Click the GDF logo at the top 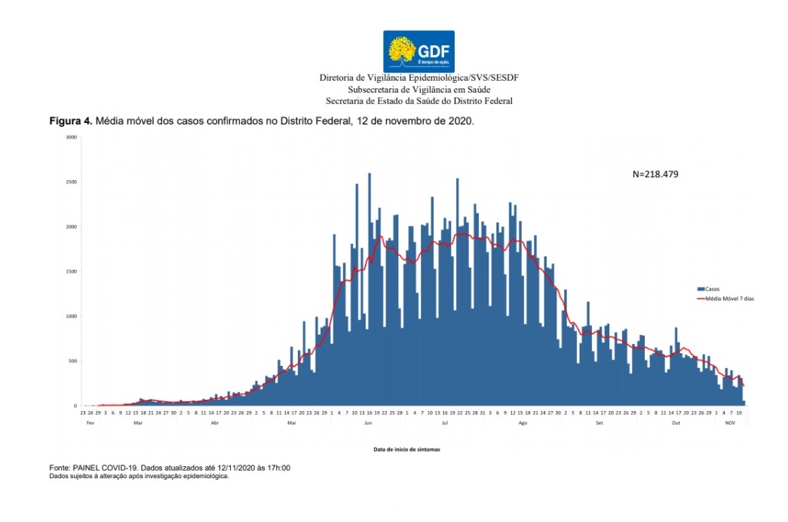(419, 51)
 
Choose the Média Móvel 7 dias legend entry (728, 299)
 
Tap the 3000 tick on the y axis (71, 137)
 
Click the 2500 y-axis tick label (71, 182)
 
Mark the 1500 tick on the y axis (71, 272)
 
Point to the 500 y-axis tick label (72, 361)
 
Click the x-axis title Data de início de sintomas (406, 449)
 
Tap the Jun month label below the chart (369, 423)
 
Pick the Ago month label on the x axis (523, 423)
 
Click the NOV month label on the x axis (730, 423)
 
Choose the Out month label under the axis (676, 423)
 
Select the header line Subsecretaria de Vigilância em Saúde (419, 89)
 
